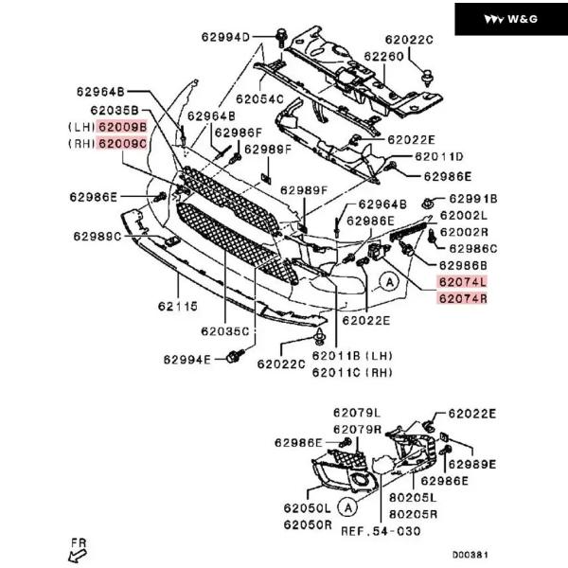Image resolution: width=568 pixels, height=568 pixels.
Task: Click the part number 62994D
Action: [224, 38]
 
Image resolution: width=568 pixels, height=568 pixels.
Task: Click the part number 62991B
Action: [472, 199]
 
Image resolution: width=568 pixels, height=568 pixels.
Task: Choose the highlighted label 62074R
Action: [462, 299]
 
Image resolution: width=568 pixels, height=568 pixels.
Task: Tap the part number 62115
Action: [176, 308]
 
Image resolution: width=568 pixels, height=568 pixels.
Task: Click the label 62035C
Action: [224, 331]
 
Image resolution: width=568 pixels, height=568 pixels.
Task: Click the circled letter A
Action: [388, 280]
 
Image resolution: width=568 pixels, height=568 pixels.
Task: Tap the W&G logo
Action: [510, 19]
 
